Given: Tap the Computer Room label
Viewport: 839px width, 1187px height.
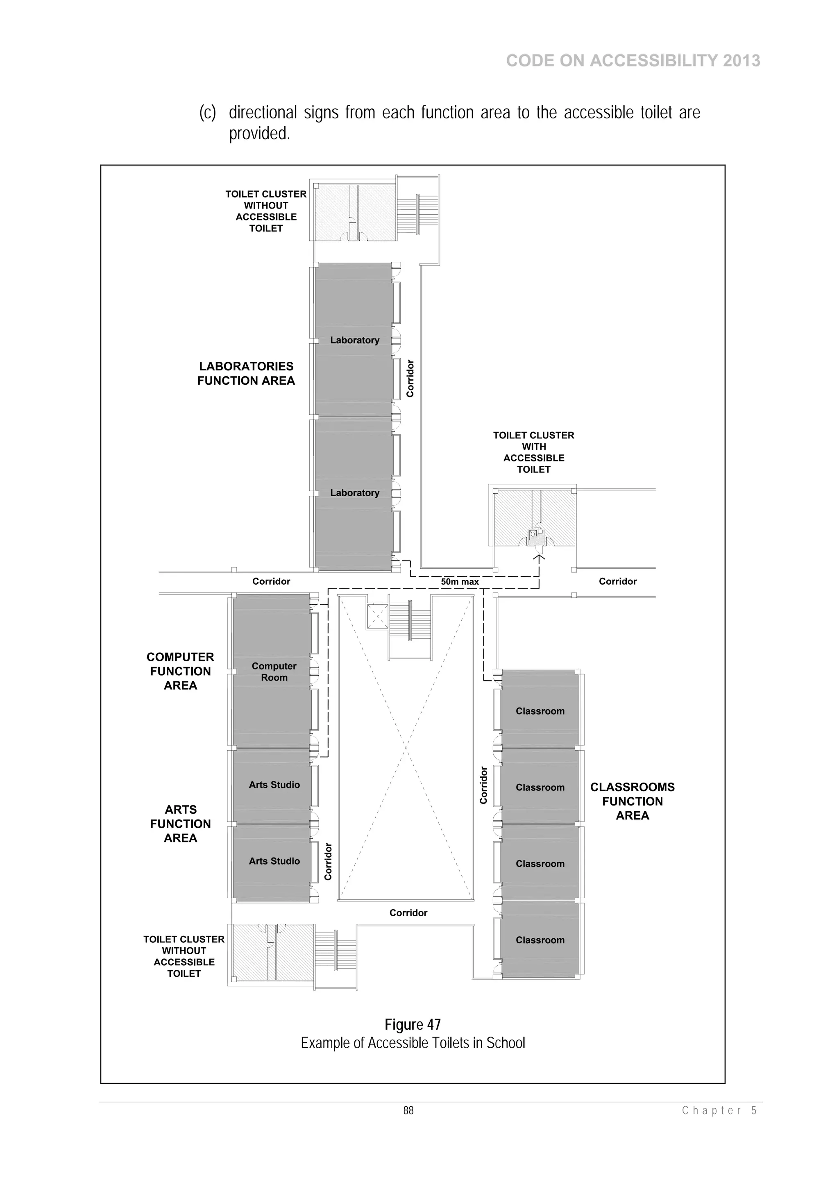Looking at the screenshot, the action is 274,672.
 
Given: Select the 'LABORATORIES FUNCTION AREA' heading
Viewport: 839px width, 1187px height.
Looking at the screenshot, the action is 246,373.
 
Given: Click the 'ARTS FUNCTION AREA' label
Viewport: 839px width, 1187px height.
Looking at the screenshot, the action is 180,824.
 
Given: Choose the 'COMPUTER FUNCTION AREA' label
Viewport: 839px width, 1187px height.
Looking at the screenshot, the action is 180,671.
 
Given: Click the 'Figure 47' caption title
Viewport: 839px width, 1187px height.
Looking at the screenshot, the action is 413,1024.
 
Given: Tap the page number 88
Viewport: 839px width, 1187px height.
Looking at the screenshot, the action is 408,1110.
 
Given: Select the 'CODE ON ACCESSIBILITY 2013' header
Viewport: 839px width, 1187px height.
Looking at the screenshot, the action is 633,61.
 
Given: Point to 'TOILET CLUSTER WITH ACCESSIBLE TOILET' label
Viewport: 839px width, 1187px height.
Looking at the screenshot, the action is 533,452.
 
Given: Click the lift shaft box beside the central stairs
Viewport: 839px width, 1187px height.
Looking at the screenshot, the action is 377,616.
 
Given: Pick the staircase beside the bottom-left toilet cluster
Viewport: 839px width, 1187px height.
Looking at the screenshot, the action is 336,958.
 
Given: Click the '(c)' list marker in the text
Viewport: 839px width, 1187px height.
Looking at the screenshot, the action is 208,113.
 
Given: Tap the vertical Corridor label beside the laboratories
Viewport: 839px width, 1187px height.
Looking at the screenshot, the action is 410,379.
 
